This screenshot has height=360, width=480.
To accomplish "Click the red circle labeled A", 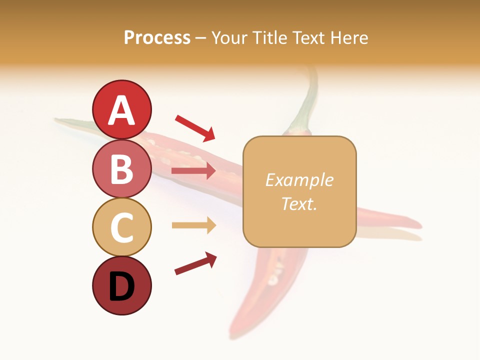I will pos(121,109).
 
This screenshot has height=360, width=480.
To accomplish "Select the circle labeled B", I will pos(121,168).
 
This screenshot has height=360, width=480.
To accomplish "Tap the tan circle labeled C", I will pos(121,227).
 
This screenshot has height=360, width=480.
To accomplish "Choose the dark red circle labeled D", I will pos(121,285).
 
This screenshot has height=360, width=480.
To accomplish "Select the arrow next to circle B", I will pos(193,171).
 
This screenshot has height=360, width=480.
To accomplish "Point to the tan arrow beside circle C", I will pos(193,225).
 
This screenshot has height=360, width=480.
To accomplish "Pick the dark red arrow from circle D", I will pos(195,263).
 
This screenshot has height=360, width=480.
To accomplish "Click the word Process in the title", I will pos(157,38).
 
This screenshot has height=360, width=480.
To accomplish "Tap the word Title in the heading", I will pos(269,38).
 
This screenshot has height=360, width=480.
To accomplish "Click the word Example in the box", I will pos(299,180).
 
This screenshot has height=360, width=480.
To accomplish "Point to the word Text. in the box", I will pos(299,203).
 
